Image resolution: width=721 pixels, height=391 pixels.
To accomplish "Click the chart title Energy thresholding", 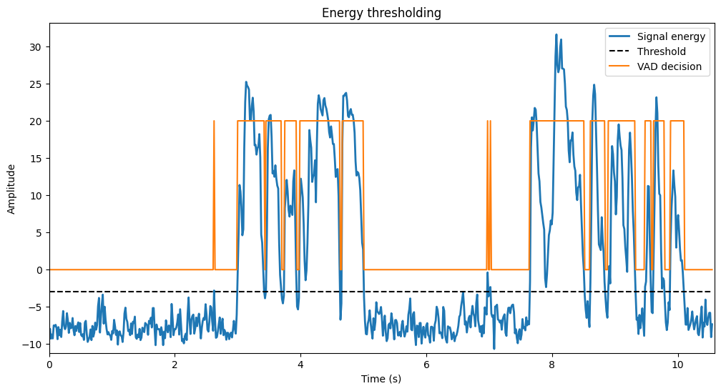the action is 381,13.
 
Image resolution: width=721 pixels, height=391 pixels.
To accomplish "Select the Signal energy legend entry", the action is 657,36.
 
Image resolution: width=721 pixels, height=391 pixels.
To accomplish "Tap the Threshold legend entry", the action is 647,51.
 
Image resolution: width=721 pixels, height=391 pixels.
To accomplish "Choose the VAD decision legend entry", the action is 655,66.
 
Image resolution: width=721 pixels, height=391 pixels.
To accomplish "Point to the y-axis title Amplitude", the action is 11,189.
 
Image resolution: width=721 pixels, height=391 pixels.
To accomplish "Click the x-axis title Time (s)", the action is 381,379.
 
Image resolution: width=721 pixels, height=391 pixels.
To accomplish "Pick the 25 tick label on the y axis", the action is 36,84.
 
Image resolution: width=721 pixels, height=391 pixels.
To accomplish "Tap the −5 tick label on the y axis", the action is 35,307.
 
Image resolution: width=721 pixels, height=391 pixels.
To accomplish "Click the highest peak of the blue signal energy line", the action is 556,34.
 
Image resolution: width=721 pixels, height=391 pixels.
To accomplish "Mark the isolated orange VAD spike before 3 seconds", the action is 214,195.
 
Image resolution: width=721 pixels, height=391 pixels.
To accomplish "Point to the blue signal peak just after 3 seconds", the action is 246,82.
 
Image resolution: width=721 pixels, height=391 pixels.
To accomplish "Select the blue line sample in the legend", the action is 620,36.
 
